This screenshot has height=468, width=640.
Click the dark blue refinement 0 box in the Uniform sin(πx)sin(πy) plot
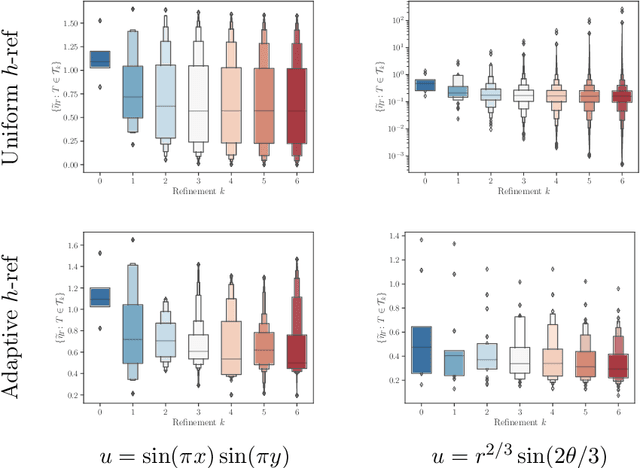pos(100,59)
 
